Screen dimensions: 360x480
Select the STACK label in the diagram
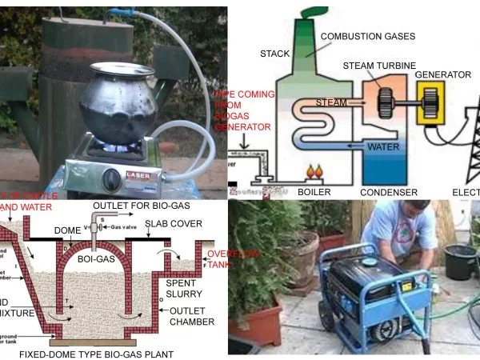point(274,54)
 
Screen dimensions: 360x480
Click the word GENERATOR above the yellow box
point(442,74)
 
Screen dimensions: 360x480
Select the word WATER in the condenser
point(382,147)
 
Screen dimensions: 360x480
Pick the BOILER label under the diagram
point(314,192)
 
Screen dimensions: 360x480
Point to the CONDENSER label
point(388,192)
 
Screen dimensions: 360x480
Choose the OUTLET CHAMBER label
point(191,315)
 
